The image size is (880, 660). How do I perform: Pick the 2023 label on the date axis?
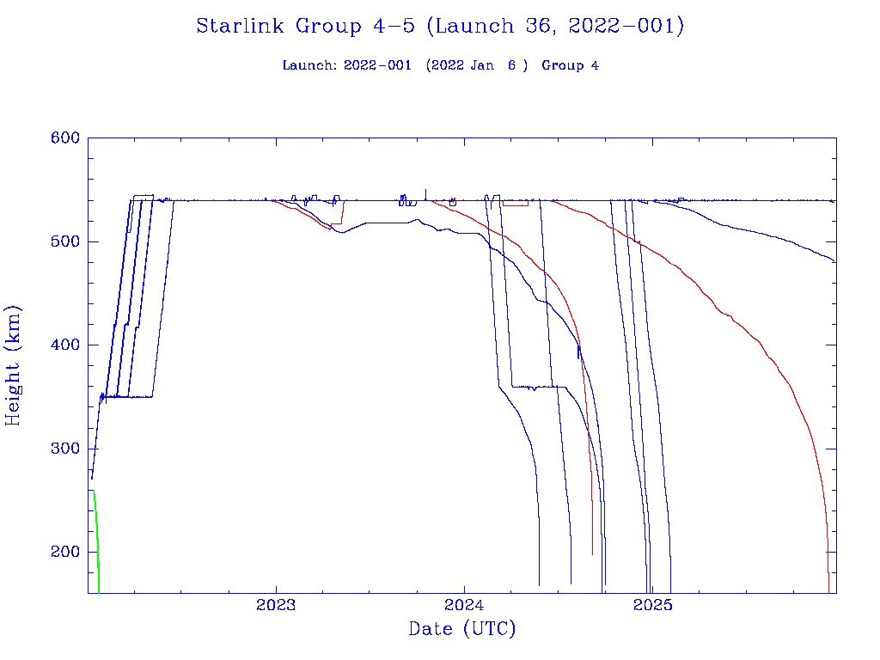click(276, 605)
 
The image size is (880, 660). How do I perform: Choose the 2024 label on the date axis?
click(465, 605)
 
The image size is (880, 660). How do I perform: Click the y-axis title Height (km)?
click(13, 365)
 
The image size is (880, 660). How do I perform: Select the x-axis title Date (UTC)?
click(462, 629)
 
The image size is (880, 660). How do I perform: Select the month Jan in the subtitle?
click(482, 65)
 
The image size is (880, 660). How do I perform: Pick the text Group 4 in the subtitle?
click(570, 65)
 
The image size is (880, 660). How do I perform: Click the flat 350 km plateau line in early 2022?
click(137, 396)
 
